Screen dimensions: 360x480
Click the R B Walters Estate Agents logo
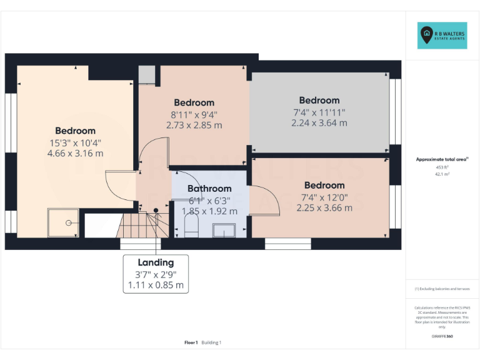[x=441, y=36]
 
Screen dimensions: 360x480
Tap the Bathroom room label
[x=209, y=188]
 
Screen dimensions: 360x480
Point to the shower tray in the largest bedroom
[x=64, y=222]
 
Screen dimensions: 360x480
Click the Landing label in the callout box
[x=156, y=262]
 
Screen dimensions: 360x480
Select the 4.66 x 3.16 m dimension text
[x=75, y=153]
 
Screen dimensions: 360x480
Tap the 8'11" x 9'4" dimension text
[x=194, y=114]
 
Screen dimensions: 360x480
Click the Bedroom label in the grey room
[x=319, y=100]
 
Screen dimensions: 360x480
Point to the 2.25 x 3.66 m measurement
[x=324, y=207]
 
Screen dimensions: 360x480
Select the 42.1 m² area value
[x=442, y=175]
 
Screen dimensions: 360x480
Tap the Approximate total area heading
[x=442, y=159]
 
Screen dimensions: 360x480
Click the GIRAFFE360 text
[x=442, y=336]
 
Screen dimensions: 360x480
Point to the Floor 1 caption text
[x=191, y=342]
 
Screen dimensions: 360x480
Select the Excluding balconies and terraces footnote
[x=442, y=289]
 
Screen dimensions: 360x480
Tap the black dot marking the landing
[x=156, y=210]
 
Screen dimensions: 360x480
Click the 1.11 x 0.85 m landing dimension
[x=156, y=285]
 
